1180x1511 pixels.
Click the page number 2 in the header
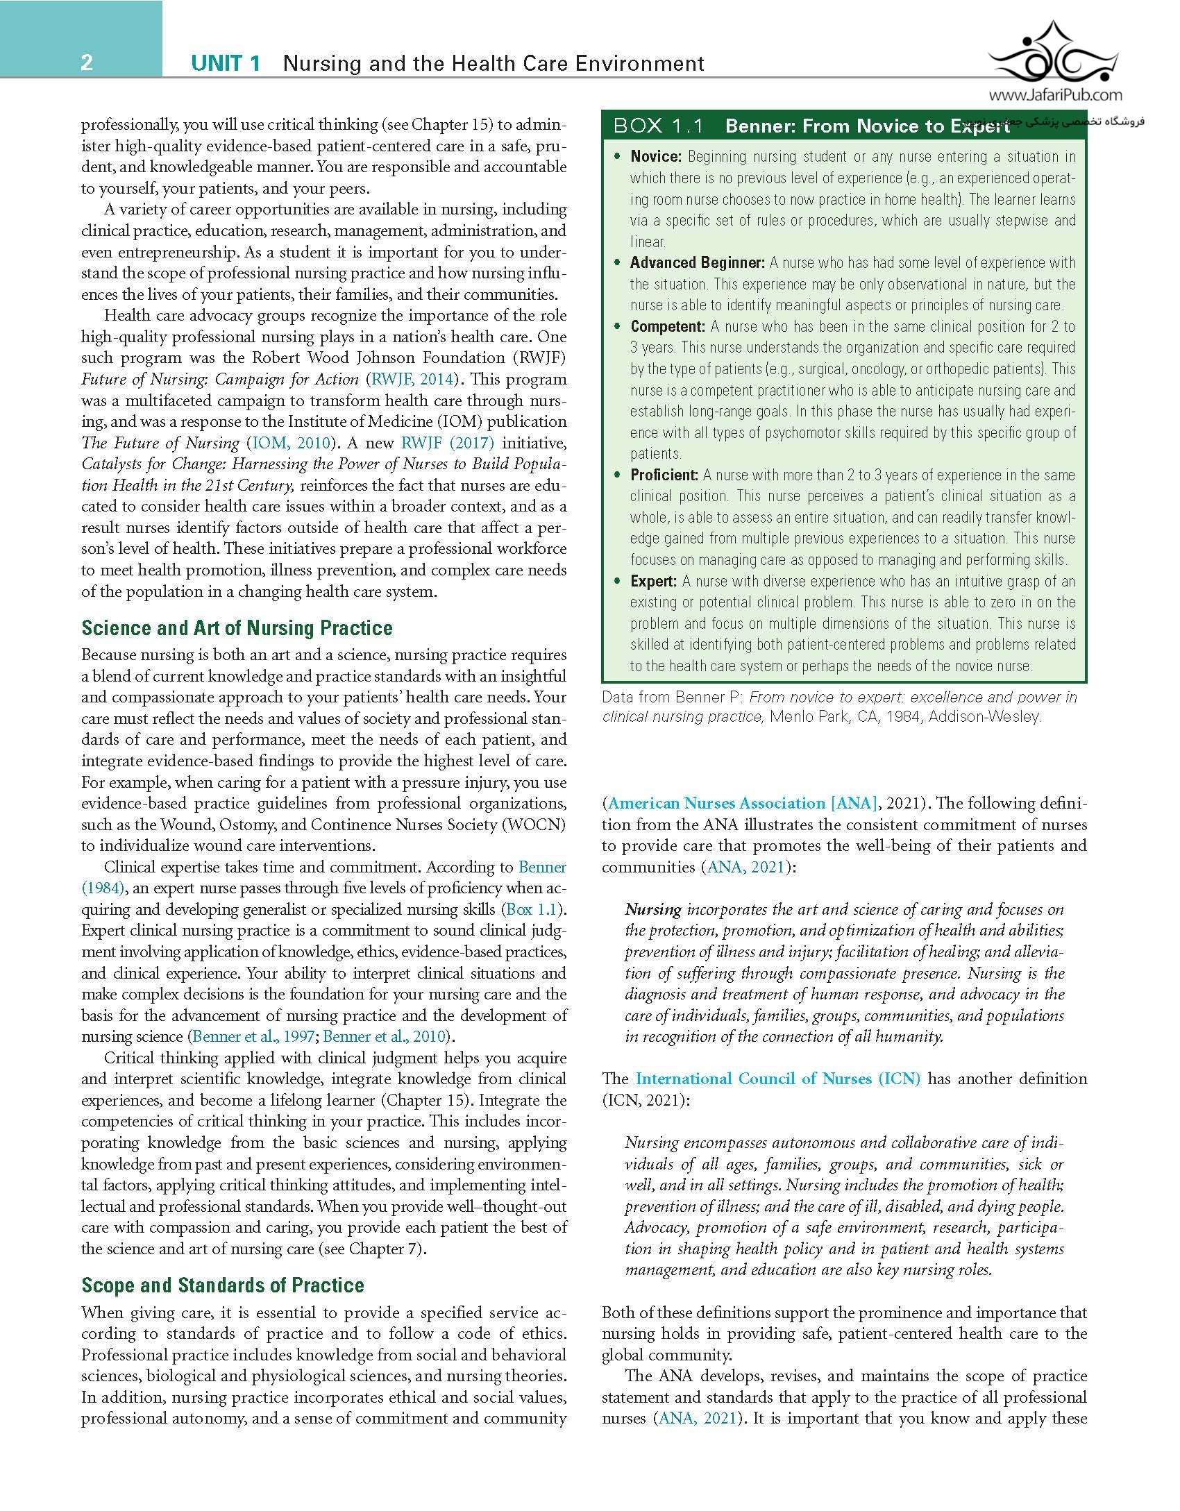click(x=87, y=63)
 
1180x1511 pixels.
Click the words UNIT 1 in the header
click(x=226, y=64)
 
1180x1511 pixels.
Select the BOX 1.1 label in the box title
click(x=659, y=126)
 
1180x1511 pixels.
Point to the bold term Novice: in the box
click(x=656, y=157)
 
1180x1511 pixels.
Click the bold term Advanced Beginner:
click(x=697, y=263)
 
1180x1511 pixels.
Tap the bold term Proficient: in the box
click(x=664, y=475)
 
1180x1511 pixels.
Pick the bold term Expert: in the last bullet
click(x=653, y=582)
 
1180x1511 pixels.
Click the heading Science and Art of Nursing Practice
click(x=237, y=628)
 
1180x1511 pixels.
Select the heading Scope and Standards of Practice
click(x=222, y=1285)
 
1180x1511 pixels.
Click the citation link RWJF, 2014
click(x=413, y=380)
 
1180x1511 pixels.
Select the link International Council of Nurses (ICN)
click(x=778, y=1079)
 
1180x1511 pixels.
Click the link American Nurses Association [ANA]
click(x=742, y=804)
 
